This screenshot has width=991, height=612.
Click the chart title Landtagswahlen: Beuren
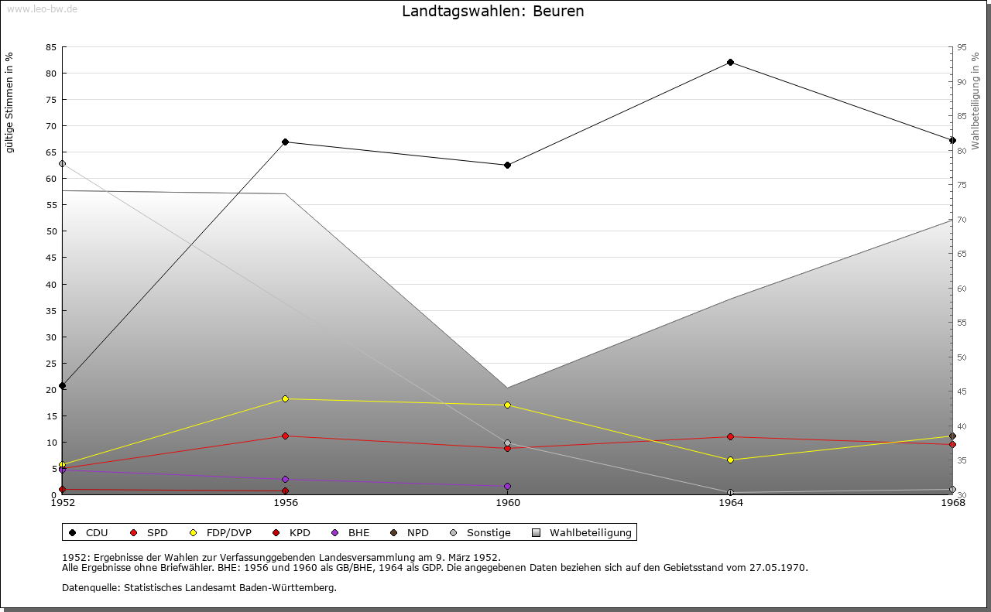click(492, 12)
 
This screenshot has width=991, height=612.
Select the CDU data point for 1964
click(730, 62)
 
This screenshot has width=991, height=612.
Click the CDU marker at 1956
click(285, 142)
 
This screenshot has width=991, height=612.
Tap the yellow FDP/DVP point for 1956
click(285, 398)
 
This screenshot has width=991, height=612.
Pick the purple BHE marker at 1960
click(507, 486)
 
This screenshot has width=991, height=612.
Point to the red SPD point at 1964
click(730, 436)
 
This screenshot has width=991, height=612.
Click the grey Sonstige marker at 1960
click(507, 443)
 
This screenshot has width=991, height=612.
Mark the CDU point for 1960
click(507, 165)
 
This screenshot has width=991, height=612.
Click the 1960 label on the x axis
click(508, 503)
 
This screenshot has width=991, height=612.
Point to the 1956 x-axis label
click(285, 503)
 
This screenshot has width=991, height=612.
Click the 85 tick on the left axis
click(50, 47)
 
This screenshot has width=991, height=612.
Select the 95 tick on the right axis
click(962, 47)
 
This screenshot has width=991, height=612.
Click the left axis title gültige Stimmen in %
click(10, 102)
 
